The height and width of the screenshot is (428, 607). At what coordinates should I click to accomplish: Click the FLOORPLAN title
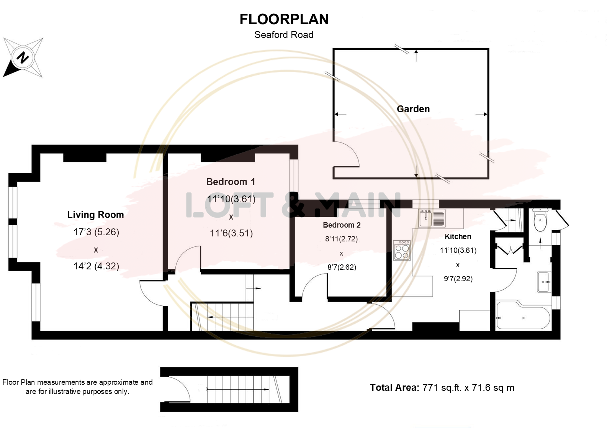click(x=284, y=19)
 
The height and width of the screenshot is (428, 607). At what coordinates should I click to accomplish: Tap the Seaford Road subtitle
click(x=284, y=35)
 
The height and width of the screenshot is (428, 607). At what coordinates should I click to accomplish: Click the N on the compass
click(x=23, y=57)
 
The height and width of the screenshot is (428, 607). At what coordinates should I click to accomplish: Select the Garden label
click(x=413, y=109)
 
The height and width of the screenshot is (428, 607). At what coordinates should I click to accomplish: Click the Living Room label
click(x=95, y=215)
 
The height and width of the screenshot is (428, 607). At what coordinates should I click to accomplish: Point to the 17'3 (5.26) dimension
click(x=96, y=232)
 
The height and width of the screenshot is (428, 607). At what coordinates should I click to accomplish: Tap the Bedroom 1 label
click(x=231, y=182)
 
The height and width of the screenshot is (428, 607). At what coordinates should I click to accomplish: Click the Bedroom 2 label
click(x=342, y=225)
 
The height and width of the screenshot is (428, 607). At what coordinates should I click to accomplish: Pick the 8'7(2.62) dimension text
click(x=342, y=267)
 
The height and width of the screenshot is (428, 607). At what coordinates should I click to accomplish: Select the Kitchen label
click(x=458, y=237)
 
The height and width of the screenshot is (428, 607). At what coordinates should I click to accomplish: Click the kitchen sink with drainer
click(x=432, y=218)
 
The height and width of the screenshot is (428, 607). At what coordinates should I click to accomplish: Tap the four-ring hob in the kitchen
click(x=402, y=251)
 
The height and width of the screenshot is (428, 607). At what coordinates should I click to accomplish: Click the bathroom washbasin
click(x=544, y=282)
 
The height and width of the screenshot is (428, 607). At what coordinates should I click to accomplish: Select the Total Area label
click(x=395, y=388)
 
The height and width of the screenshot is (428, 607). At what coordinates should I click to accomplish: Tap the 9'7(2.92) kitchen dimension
click(x=458, y=279)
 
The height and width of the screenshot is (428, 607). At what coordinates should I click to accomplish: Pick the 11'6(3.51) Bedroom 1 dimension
click(x=231, y=233)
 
